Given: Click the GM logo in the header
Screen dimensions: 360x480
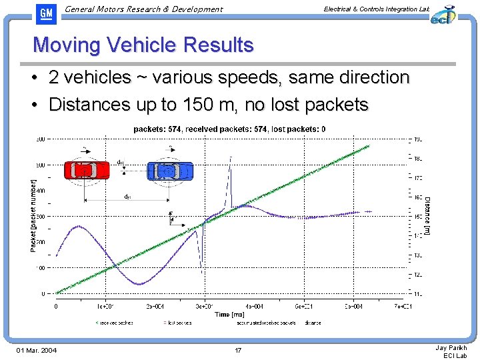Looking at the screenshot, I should tap(46, 13).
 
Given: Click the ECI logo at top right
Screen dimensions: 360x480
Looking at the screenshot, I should tap(442, 14).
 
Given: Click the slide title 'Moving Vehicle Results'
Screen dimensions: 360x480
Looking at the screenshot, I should tap(143, 45).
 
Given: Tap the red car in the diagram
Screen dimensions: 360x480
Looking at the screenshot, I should tap(87, 171).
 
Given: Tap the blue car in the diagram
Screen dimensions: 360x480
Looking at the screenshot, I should tap(169, 171).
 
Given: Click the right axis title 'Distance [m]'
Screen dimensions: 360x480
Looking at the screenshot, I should tap(427, 215).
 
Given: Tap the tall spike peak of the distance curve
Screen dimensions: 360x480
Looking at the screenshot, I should tap(231, 157).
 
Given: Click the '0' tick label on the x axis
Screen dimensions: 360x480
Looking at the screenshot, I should tap(56, 306).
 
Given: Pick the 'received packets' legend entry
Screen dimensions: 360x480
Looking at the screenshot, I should tap(115, 323).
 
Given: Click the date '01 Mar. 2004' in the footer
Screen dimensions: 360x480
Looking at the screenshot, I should tap(36, 351).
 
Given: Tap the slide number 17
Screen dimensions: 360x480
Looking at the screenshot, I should tap(238, 351).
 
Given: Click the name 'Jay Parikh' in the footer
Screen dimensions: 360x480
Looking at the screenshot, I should tap(451, 347).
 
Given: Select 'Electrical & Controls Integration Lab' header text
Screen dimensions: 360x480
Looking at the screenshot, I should tap(376, 9).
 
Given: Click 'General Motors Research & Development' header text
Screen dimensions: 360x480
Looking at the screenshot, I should tap(144, 9).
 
